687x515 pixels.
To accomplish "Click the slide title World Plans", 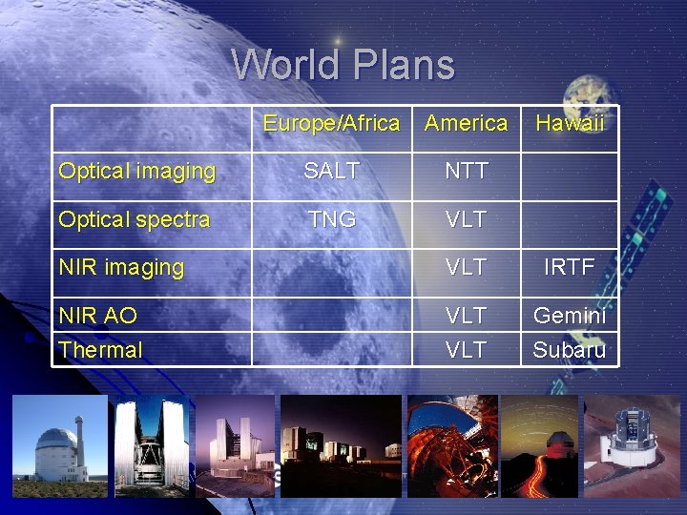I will pyautogui.click(x=343, y=65).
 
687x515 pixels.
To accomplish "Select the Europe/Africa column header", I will pyautogui.click(x=331, y=123).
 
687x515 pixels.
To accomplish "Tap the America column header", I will pyautogui.click(x=466, y=123).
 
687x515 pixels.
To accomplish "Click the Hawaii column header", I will pyautogui.click(x=570, y=123).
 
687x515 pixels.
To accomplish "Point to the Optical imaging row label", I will pyautogui.click(x=136, y=172).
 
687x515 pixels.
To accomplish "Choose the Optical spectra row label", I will pyautogui.click(x=134, y=219).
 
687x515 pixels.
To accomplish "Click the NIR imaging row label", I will pyautogui.click(x=120, y=268).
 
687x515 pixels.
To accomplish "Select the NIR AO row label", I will pyautogui.click(x=97, y=316).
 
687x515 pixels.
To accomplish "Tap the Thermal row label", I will pyautogui.click(x=100, y=350).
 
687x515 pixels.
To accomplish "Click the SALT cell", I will pyautogui.click(x=331, y=172).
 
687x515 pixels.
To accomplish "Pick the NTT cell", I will pyautogui.click(x=466, y=172).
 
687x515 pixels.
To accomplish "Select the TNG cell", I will pyautogui.click(x=331, y=219).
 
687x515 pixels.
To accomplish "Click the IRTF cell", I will pyautogui.click(x=569, y=268).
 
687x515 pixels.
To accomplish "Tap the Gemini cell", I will pyautogui.click(x=569, y=316).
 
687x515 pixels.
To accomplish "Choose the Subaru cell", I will pyautogui.click(x=569, y=350).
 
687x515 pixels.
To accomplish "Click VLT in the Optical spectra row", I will pyautogui.click(x=466, y=219).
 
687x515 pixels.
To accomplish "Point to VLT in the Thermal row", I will pyautogui.click(x=466, y=350).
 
